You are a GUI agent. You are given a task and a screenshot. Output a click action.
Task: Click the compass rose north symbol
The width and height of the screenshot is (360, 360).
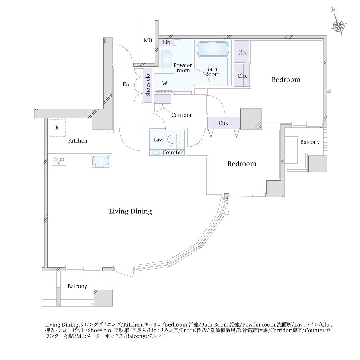click(338, 25)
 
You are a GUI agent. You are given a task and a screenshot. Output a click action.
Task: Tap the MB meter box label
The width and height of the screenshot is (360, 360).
click(148, 40)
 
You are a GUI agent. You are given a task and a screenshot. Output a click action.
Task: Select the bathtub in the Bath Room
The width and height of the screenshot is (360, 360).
click(213, 49)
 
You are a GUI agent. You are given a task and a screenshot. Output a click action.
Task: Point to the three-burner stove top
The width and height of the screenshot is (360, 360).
click(59, 160)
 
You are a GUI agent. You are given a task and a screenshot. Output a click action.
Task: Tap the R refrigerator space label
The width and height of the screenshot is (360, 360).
click(57, 127)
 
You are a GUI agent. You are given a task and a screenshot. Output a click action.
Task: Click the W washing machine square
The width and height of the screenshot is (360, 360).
click(165, 84)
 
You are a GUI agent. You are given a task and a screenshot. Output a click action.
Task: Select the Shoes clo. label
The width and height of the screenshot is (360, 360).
click(148, 85)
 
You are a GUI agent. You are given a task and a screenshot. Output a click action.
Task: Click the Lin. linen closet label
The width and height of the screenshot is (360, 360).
click(167, 42)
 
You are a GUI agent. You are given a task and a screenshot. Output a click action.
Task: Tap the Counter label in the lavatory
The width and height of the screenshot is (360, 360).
click(173, 152)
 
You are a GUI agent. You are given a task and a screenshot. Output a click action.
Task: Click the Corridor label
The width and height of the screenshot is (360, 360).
click(181, 115)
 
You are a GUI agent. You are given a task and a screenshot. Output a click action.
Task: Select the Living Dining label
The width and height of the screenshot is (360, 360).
click(130, 211)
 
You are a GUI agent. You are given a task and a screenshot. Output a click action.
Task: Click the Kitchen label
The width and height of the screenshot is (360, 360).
click(78, 140)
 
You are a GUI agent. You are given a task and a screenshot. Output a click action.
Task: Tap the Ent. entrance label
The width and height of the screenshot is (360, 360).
click(128, 85)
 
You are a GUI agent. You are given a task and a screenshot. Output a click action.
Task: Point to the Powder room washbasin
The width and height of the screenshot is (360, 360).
click(167, 59)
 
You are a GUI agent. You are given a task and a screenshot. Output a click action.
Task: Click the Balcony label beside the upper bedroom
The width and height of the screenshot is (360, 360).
click(310, 142)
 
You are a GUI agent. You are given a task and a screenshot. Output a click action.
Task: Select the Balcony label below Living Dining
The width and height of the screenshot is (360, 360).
click(77, 286)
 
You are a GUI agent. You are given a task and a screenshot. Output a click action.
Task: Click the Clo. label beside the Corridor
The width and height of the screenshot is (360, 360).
click(224, 123)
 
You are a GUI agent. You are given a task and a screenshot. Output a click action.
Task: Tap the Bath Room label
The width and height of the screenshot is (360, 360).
click(212, 72)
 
